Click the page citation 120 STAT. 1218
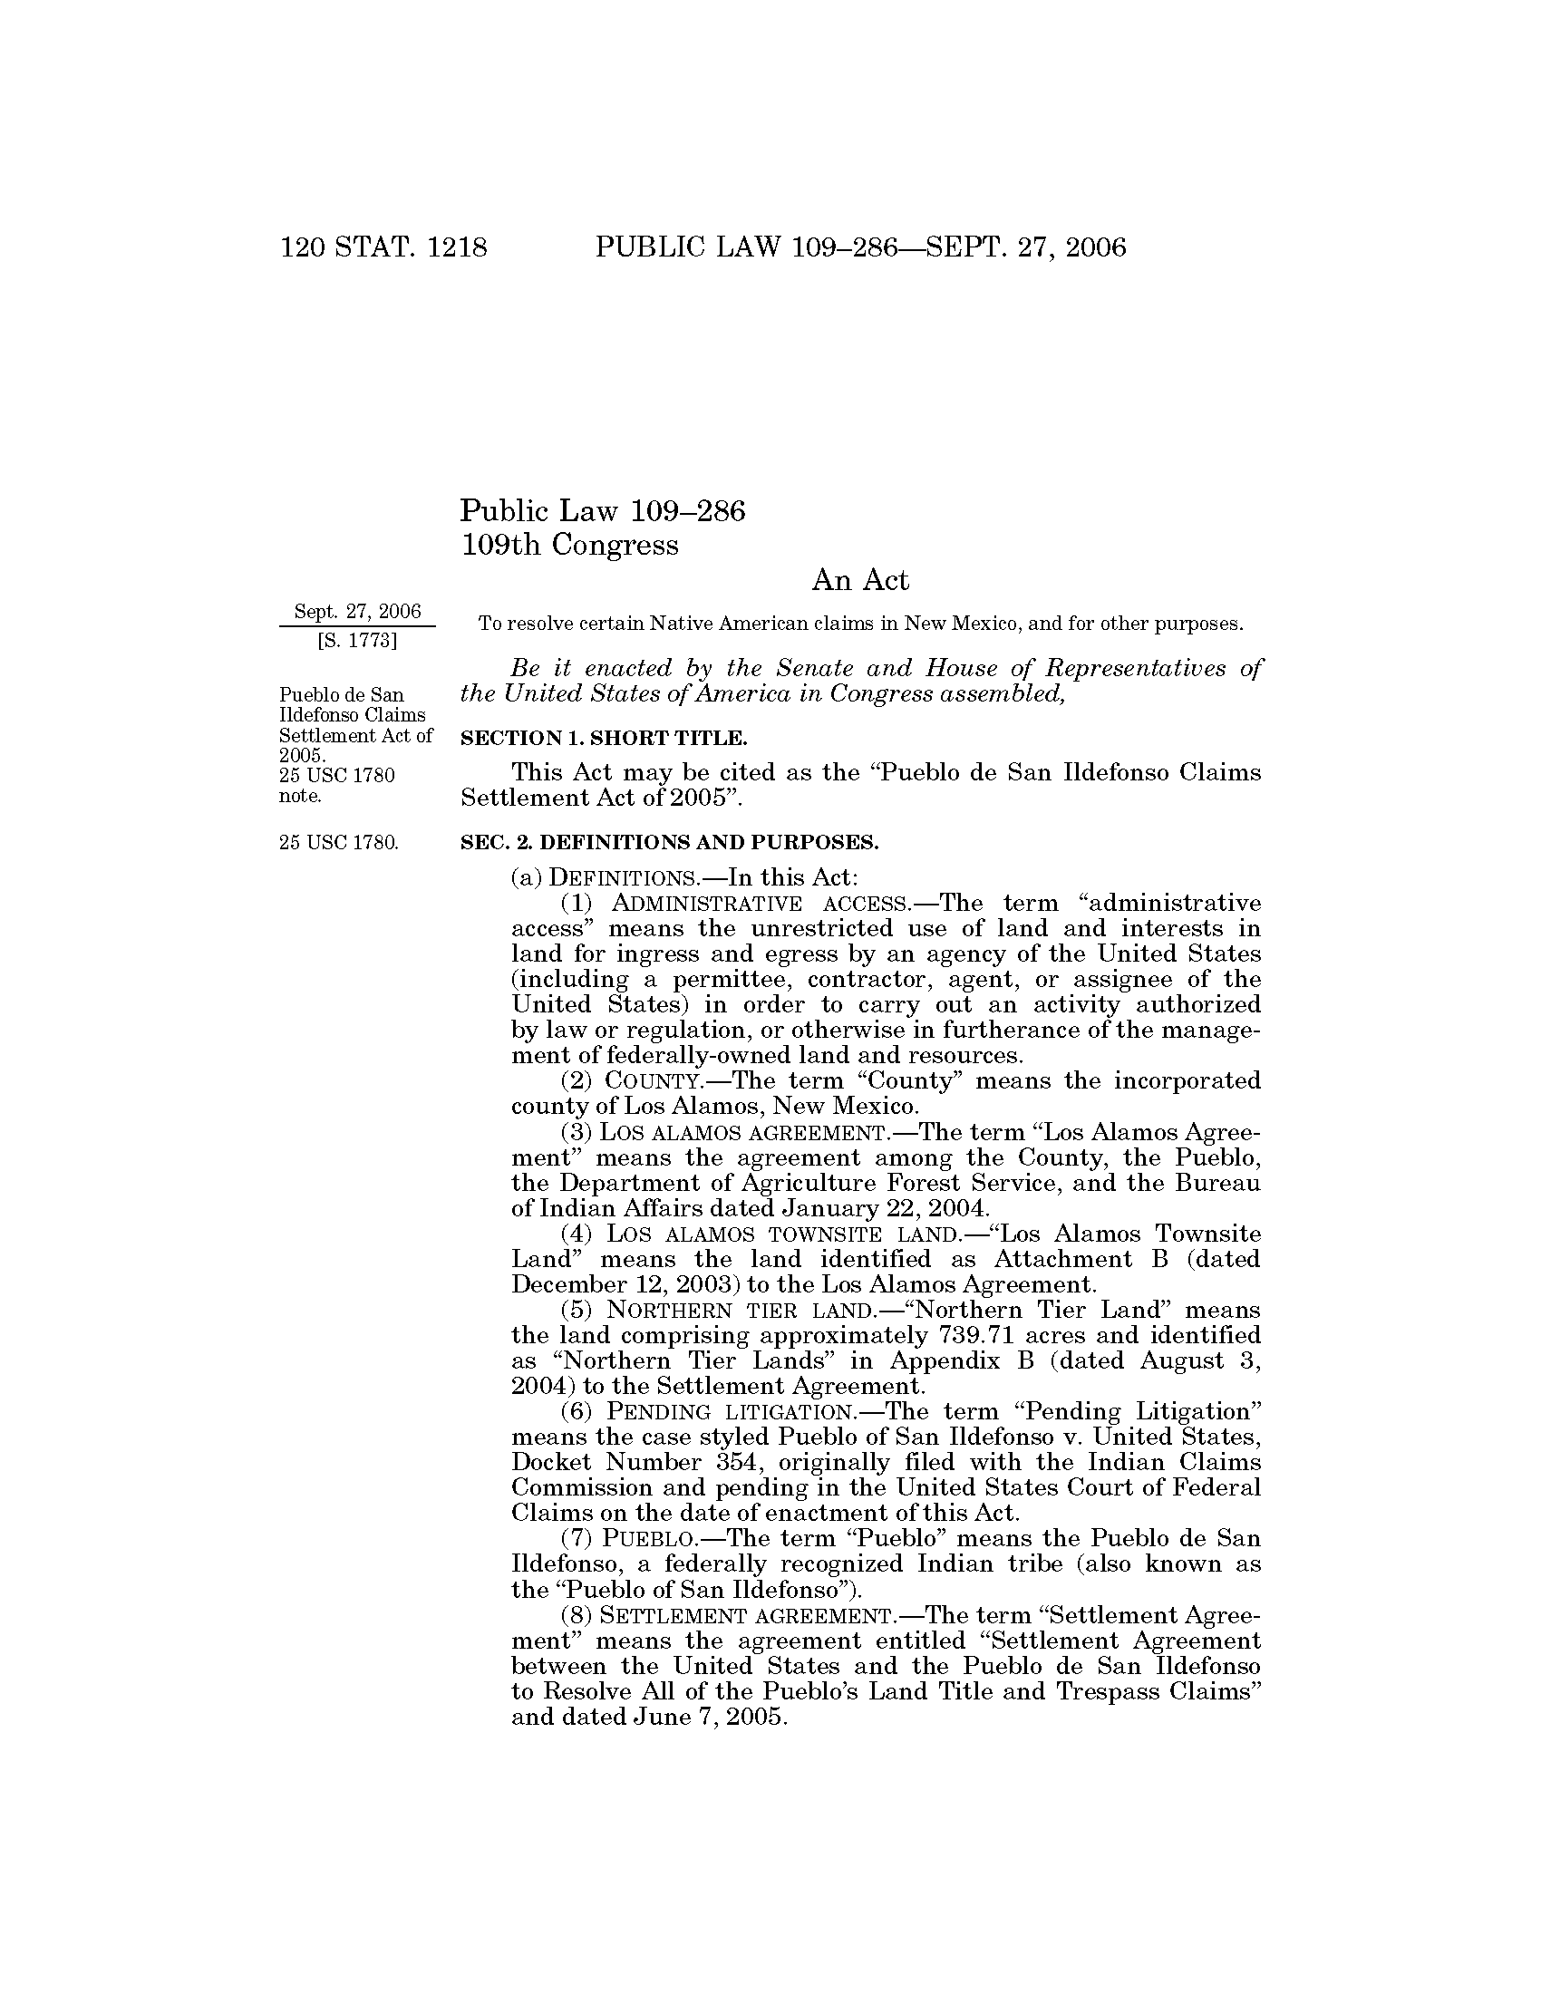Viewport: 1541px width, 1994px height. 383,247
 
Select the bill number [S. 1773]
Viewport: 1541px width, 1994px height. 357,641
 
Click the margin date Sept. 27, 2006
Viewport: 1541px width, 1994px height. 357,611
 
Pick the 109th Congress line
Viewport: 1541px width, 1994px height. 569,545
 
